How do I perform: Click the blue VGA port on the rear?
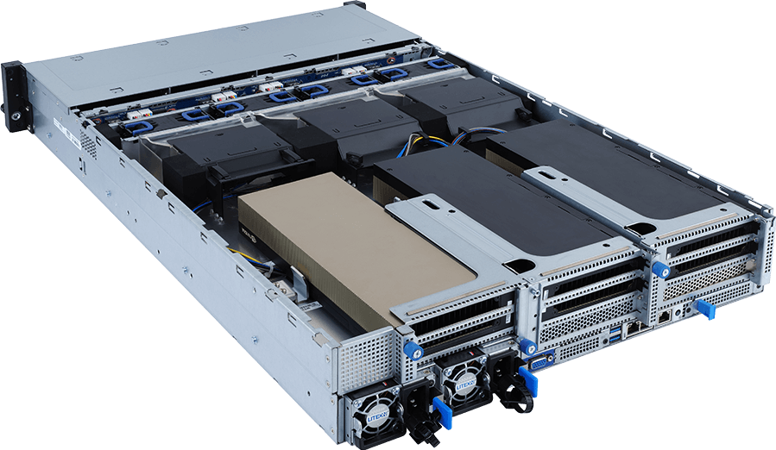click(536, 361)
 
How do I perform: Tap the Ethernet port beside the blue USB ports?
click(633, 326)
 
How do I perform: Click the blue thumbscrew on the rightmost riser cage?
click(662, 270)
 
